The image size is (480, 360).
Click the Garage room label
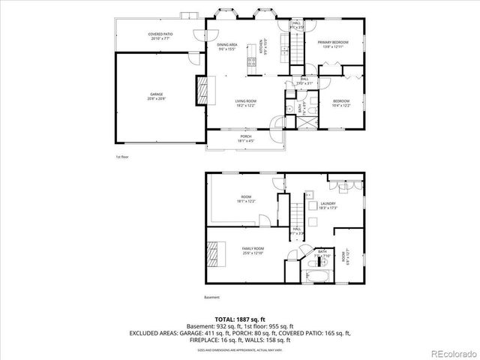tap(156, 96)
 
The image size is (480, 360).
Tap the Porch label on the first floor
tap(246, 138)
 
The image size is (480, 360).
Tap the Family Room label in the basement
tap(253, 250)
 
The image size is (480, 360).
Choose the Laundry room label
tap(328, 205)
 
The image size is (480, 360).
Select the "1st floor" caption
tap(123, 157)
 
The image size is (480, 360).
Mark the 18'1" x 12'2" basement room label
tap(246, 199)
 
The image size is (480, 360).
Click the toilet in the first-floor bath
tap(289, 108)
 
